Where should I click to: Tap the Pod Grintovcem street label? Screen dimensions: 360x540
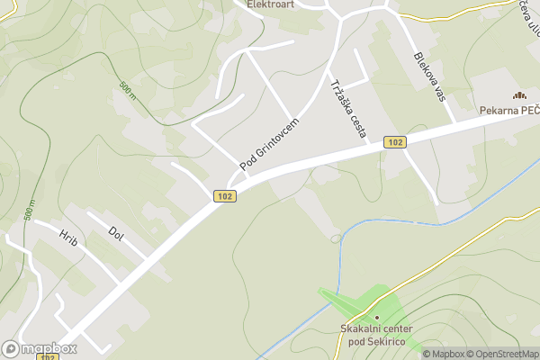pos(269,142)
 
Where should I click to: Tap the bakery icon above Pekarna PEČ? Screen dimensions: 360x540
pos(518,95)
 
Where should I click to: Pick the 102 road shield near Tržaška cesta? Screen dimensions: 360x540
pos(394,141)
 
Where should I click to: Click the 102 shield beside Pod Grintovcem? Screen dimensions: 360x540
pos(225,196)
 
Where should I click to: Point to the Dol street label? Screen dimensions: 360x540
pos(114,232)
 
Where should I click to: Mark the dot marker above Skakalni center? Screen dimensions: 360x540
pos(376,317)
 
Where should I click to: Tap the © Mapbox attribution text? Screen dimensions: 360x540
pos(444,354)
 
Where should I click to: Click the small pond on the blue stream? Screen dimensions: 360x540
pos(336,238)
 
